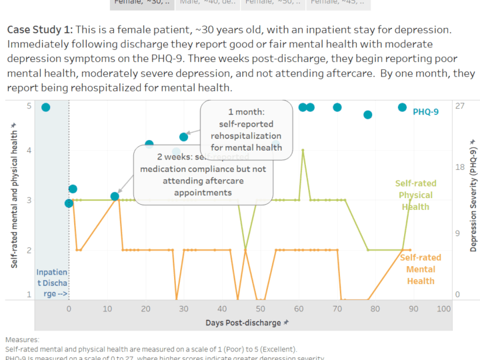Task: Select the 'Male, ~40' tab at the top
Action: coord(205,3)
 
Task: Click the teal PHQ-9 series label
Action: coord(425,112)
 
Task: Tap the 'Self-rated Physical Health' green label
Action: coord(414,195)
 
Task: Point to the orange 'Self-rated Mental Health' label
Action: coord(420,269)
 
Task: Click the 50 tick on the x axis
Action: coord(260,309)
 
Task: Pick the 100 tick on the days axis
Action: coord(443,309)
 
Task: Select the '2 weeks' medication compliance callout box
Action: coord(203,175)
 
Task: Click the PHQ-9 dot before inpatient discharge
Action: coord(45,107)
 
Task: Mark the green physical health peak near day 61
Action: coord(303,150)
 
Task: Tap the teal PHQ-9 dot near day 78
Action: coord(367,115)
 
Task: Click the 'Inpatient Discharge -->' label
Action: coord(51,283)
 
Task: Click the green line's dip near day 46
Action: coord(245,249)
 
